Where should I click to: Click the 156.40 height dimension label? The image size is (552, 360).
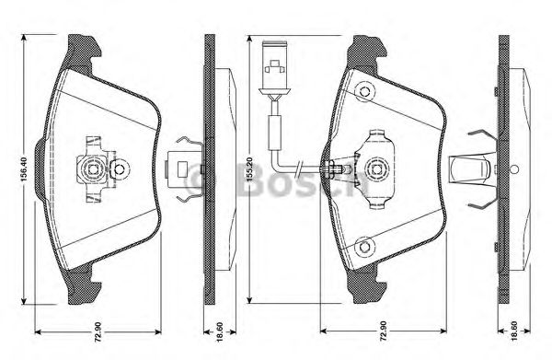point(24,169)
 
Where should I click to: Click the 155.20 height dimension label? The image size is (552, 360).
point(249,169)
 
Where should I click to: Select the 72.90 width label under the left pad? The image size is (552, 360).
point(98,331)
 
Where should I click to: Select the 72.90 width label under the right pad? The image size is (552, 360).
point(383,331)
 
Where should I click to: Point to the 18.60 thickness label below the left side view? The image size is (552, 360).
point(220,331)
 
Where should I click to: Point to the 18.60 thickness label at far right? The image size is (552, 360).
point(514,331)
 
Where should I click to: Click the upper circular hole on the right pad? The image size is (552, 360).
point(364,92)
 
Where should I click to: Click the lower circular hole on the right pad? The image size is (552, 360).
point(364,246)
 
